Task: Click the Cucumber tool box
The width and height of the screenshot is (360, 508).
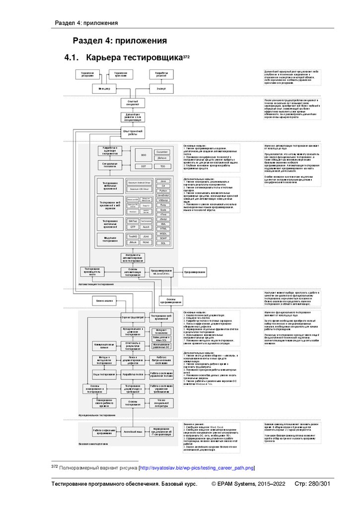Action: coord(162,151)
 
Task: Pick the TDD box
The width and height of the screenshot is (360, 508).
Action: coord(162,166)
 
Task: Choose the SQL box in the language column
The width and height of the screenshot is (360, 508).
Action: coord(162,243)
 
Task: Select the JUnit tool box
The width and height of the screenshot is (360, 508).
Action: coord(145,237)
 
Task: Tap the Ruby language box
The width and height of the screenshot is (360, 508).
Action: coord(162,204)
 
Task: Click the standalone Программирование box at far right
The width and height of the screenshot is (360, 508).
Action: coord(195,272)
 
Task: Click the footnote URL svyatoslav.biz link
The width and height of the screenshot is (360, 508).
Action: coord(197,467)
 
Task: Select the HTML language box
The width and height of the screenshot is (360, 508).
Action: coord(162,228)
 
